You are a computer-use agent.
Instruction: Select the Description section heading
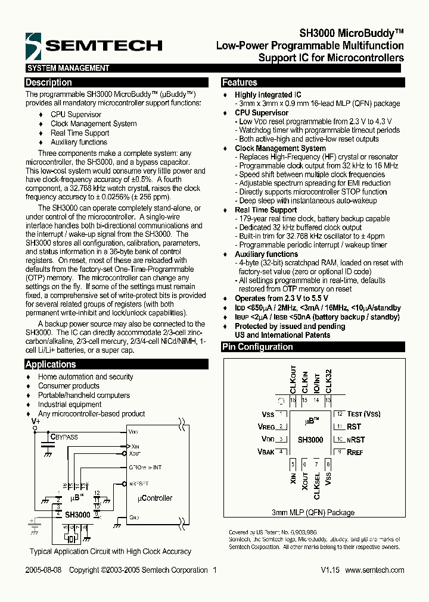49,83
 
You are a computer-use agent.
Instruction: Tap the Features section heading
240,83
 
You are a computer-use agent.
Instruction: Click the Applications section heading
51,365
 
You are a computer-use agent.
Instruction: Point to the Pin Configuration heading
257,347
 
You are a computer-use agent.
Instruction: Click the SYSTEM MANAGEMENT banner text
69,68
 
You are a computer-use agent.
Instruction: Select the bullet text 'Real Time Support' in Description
80,133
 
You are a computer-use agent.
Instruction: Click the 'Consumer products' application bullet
69,386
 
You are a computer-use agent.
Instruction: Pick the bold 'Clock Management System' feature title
280,148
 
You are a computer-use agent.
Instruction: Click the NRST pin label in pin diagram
356,440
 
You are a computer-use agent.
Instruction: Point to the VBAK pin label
266,452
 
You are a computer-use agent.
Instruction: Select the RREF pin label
355,452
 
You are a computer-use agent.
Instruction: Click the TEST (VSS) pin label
363,414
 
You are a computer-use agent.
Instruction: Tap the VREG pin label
266,427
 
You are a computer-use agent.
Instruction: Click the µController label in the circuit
154,498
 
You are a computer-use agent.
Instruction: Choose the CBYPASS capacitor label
64,437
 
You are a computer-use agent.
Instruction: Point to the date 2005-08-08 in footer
43,570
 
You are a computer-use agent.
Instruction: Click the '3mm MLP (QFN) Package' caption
313,512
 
